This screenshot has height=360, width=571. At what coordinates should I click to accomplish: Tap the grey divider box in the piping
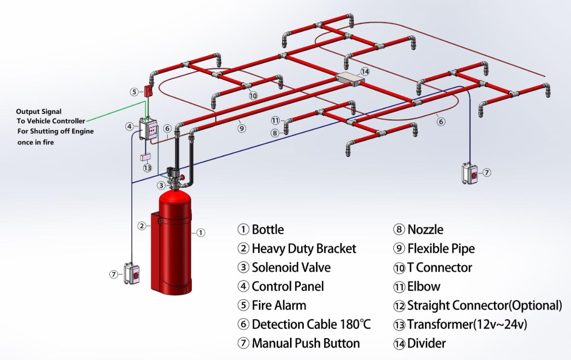click(349, 80)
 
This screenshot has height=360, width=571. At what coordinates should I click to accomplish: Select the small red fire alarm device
click(148, 91)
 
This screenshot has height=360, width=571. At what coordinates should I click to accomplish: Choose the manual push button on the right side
click(470, 173)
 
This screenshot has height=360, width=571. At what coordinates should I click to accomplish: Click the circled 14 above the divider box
click(365, 71)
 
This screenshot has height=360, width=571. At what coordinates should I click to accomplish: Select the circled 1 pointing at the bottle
click(200, 233)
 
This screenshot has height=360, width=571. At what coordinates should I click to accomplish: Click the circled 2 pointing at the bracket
click(141, 226)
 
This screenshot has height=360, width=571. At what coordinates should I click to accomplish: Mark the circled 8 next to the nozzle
click(275, 133)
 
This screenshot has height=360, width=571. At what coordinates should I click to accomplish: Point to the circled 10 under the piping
click(253, 96)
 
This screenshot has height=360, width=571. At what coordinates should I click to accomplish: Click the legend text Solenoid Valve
click(291, 267)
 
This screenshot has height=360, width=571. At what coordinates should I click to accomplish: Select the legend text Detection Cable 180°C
click(311, 324)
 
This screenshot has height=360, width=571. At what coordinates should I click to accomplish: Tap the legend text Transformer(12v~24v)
click(467, 324)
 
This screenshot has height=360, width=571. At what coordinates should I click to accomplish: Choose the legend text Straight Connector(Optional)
click(484, 305)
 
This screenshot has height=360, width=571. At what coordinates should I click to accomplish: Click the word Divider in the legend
click(426, 343)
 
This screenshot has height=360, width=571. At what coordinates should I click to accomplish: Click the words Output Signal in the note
click(39, 112)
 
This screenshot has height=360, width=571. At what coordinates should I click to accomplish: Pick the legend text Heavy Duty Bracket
click(304, 248)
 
